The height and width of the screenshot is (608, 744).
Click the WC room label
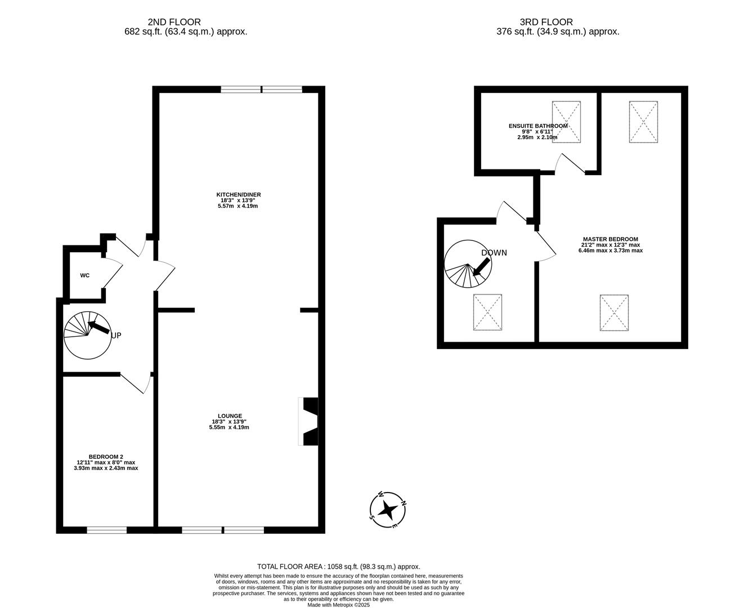click(84, 275)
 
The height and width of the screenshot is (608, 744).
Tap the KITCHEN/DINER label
click(239, 195)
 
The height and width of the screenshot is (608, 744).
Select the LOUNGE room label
click(227, 416)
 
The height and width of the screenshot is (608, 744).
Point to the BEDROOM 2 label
click(106, 457)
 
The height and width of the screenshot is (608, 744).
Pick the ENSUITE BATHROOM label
click(537, 126)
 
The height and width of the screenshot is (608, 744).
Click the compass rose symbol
click(388, 509)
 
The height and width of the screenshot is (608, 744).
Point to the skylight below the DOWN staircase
click(487, 312)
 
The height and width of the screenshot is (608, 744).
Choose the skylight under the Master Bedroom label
click(614, 312)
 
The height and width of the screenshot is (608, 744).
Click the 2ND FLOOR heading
click(174, 22)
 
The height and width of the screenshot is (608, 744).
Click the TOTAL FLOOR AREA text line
click(339, 566)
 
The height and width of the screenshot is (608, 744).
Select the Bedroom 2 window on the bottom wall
click(106, 529)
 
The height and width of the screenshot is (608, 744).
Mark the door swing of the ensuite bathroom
click(570, 163)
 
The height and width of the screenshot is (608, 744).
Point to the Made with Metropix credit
click(339, 605)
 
